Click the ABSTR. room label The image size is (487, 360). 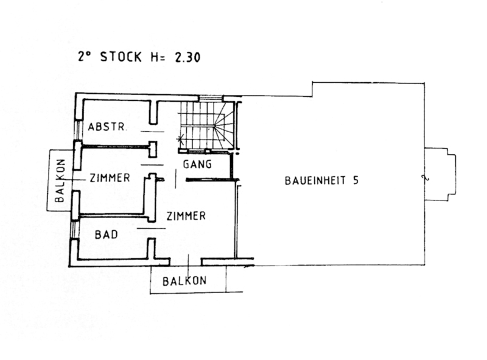click(x=107, y=127)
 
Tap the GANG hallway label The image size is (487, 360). click(x=197, y=164)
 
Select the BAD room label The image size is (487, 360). click(x=106, y=235)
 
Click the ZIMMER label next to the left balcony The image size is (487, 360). click(x=110, y=178)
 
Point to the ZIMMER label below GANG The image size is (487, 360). click(x=186, y=216)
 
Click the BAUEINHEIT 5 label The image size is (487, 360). click(x=321, y=180)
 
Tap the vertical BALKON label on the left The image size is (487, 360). click(x=60, y=181)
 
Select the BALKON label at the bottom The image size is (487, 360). click(x=184, y=281)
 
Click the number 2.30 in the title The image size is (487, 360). click(x=187, y=57)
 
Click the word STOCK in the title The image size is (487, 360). click(x=121, y=57)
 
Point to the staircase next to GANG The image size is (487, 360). click(x=206, y=125)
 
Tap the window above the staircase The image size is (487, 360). click(x=211, y=98)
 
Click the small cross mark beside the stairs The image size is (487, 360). click(x=180, y=138)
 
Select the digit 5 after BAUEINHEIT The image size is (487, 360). click(x=356, y=180)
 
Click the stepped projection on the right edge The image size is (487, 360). click(x=440, y=174)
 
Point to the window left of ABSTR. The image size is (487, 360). click(x=77, y=130)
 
